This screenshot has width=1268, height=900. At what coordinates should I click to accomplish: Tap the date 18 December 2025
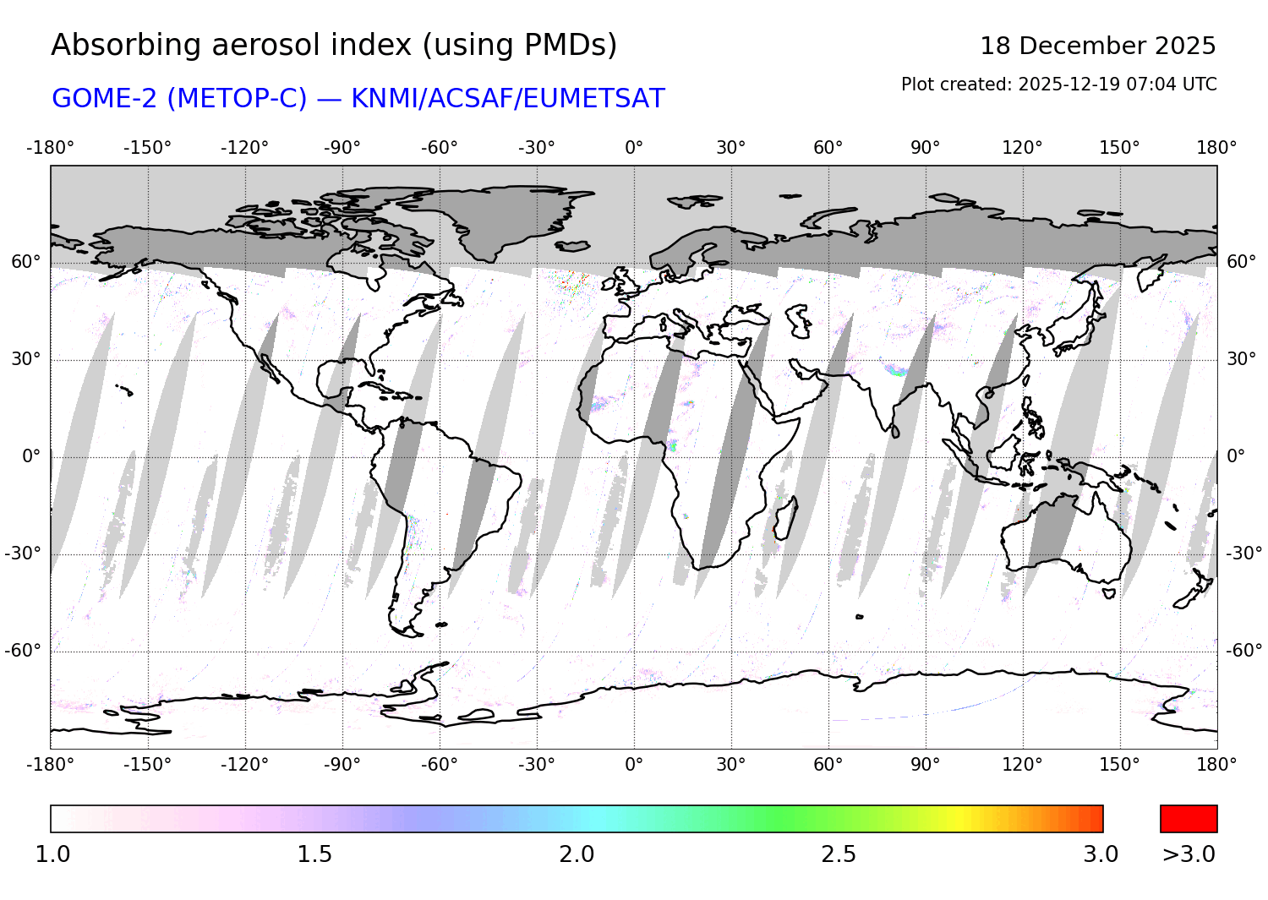[1097, 46]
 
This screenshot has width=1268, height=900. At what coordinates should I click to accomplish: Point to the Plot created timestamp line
[1058, 85]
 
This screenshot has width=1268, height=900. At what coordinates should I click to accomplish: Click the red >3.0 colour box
[1189, 819]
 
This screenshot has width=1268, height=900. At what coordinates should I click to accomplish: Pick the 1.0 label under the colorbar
[52, 854]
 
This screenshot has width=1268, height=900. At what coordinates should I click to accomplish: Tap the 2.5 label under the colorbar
[839, 854]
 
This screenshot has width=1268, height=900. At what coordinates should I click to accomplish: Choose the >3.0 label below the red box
[1189, 854]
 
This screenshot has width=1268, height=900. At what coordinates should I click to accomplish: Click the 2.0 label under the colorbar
[577, 854]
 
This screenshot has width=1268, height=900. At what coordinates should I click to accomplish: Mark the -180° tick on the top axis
[51, 148]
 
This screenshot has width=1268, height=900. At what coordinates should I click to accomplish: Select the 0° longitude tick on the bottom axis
[634, 765]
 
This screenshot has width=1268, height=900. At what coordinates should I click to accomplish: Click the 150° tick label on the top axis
[1119, 148]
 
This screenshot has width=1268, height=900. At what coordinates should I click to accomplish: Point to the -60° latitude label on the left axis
[23, 651]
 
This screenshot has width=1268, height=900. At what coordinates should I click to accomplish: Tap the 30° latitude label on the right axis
[1241, 359]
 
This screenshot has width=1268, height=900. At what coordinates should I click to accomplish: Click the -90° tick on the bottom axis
[342, 765]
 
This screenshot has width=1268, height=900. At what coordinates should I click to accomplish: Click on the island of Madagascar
[785, 518]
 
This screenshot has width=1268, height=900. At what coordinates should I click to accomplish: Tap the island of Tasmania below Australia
[1109, 593]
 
